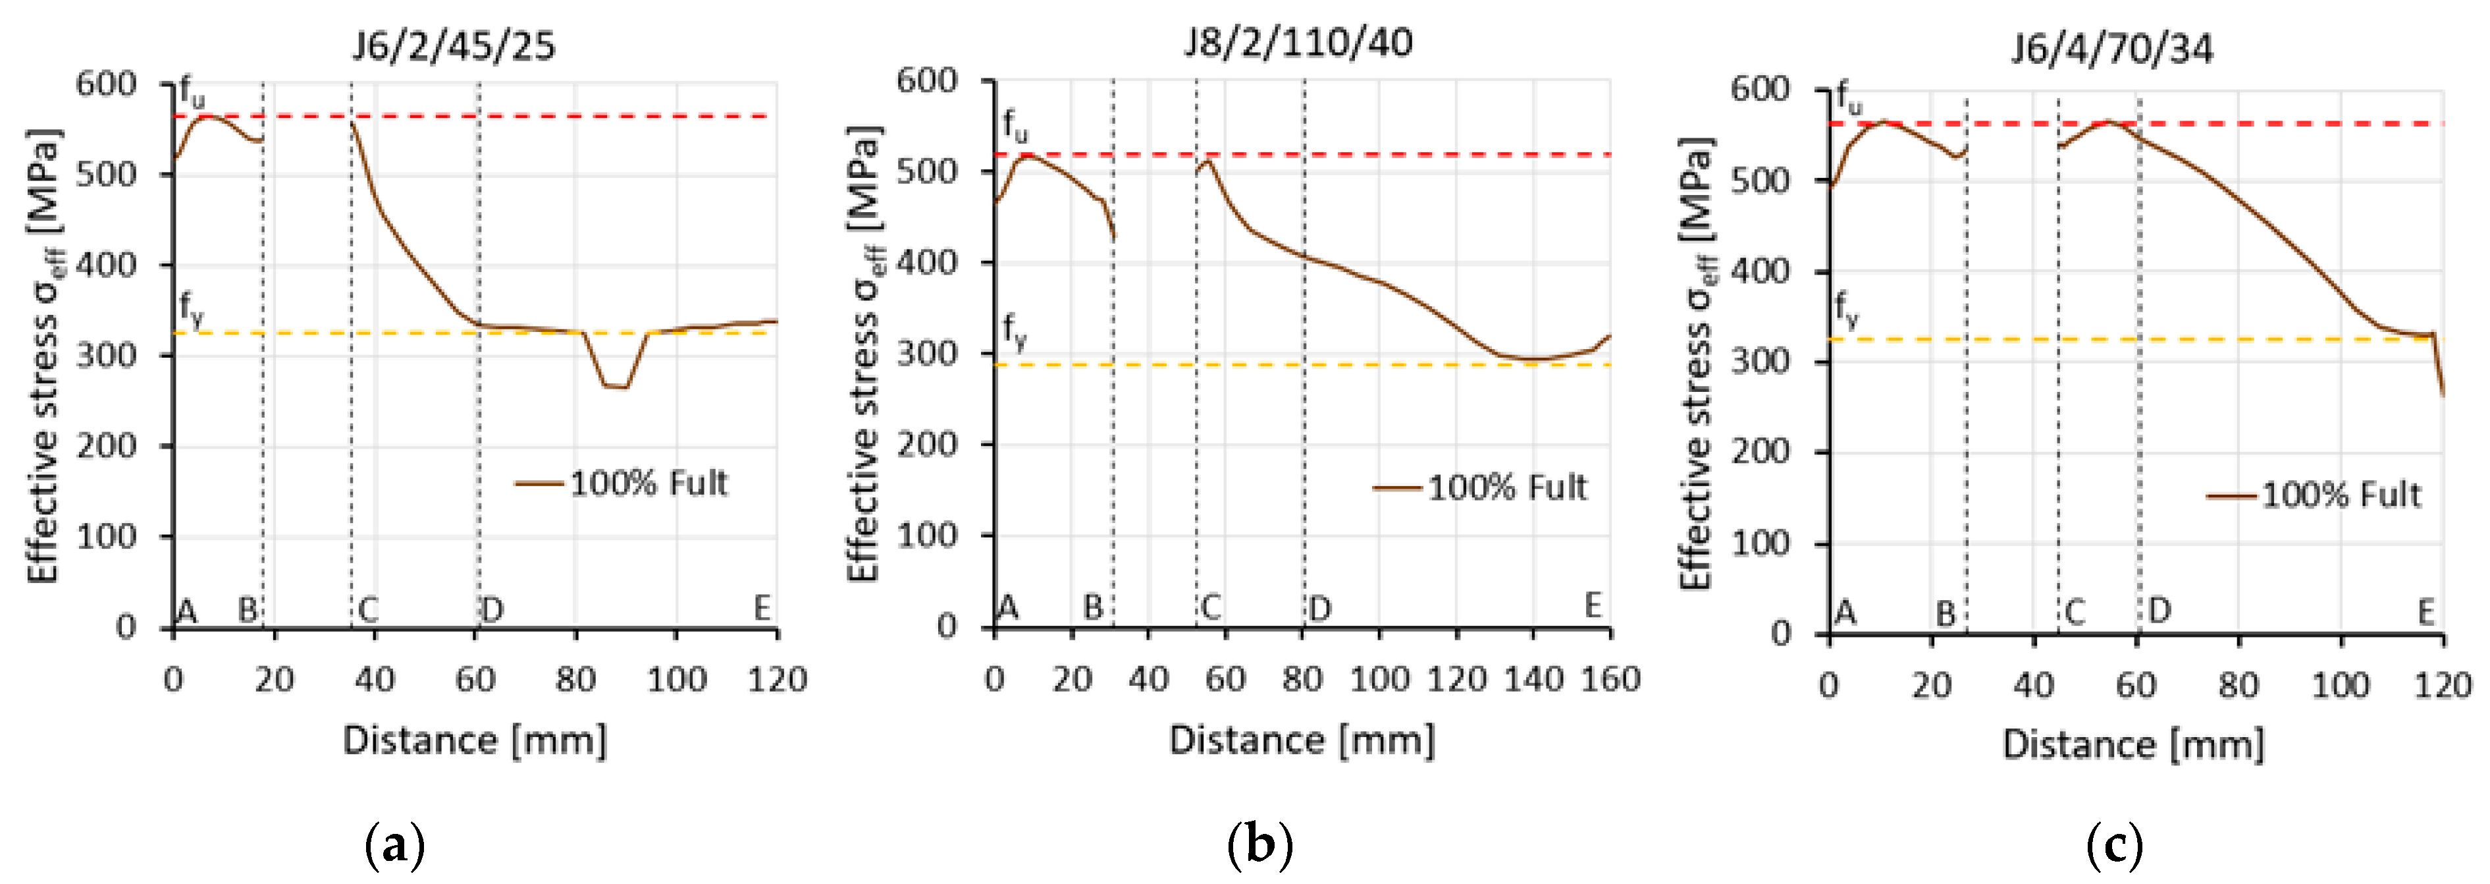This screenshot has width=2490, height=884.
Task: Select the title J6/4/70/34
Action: tap(2112, 48)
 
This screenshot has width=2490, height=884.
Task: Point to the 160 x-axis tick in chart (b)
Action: tap(1609, 679)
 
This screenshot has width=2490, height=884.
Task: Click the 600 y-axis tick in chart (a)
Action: tap(106, 84)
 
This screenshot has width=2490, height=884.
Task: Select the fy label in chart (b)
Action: tap(1014, 330)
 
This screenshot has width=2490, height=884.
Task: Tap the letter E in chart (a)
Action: tap(762, 609)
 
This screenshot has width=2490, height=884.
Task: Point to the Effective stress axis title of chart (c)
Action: tap(1697, 363)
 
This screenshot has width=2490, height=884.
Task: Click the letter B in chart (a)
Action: tap(248, 609)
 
